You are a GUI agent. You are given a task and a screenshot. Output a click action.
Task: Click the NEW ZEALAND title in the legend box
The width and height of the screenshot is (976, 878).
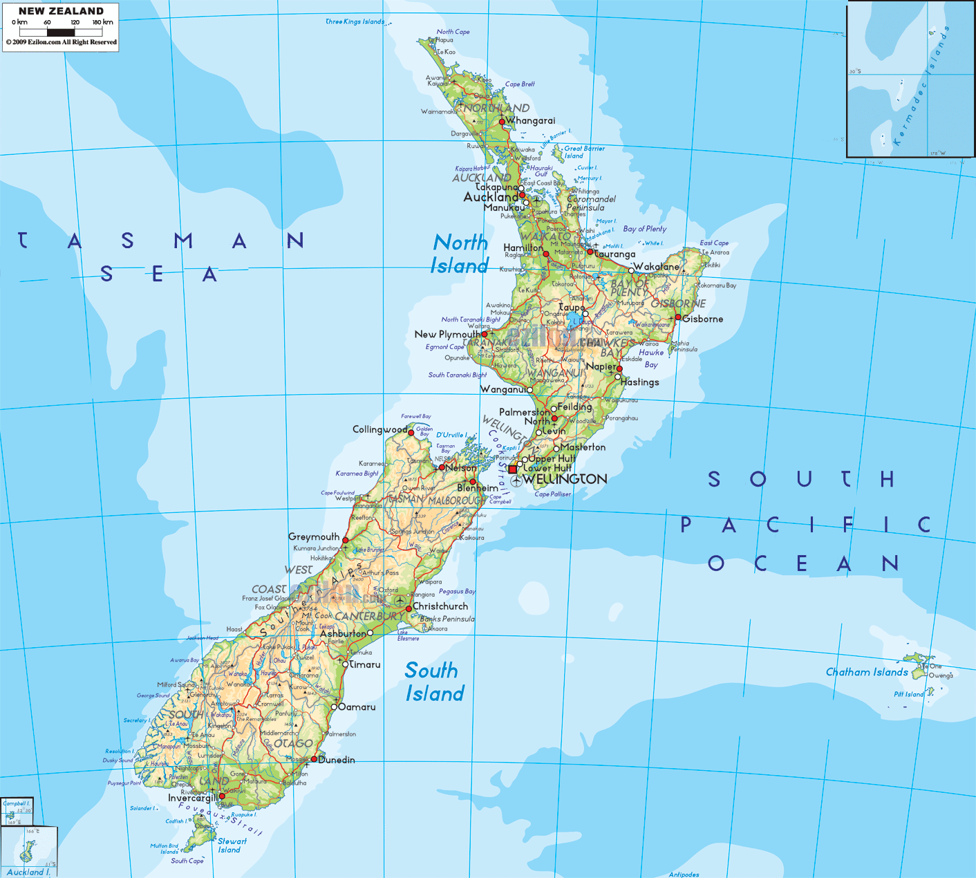click(x=61, y=11)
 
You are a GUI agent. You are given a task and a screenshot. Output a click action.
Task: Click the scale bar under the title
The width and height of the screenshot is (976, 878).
click(x=61, y=32)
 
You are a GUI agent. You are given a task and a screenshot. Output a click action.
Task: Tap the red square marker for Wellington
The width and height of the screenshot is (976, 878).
click(x=512, y=469)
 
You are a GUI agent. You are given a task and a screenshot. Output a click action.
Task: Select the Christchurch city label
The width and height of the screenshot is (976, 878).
click(x=440, y=606)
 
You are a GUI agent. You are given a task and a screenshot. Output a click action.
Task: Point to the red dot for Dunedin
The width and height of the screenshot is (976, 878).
click(x=314, y=759)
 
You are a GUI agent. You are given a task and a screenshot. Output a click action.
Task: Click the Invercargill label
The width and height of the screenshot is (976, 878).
click(x=192, y=798)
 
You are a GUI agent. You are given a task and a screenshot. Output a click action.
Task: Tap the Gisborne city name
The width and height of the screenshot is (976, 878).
click(x=703, y=319)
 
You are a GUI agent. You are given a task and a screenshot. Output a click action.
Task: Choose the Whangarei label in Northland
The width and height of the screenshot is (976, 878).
click(x=530, y=120)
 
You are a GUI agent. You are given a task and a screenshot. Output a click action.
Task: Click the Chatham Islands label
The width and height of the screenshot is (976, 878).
click(x=867, y=672)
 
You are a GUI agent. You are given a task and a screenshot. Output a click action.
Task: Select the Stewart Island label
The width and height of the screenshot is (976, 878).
click(x=231, y=846)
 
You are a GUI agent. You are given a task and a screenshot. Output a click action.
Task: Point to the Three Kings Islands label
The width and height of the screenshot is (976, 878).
click(x=355, y=21)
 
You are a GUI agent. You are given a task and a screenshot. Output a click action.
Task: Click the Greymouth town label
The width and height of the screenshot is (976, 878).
click(x=314, y=536)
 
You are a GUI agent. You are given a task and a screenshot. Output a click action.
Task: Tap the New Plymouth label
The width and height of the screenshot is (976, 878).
click(x=447, y=334)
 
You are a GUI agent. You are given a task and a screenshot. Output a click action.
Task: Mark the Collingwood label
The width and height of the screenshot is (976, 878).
click(x=379, y=429)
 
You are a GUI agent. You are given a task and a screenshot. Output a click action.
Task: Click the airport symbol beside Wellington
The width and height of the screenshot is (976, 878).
click(x=516, y=480)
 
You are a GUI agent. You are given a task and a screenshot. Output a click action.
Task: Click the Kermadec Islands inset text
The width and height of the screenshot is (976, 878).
click(x=920, y=86)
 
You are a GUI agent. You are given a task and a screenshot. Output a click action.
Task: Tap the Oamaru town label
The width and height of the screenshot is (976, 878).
click(x=357, y=707)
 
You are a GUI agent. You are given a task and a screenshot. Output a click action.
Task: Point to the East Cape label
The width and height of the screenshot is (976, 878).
click(x=714, y=243)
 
